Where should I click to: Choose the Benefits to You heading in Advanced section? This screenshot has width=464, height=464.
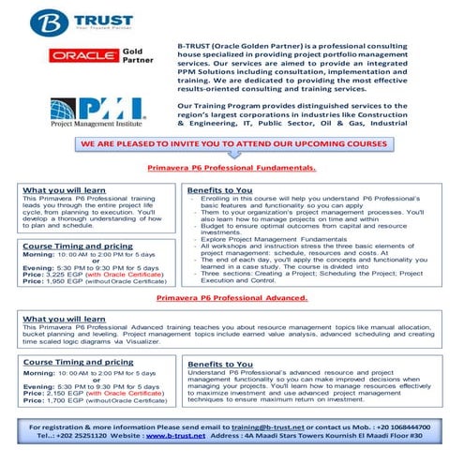point(219,363)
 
